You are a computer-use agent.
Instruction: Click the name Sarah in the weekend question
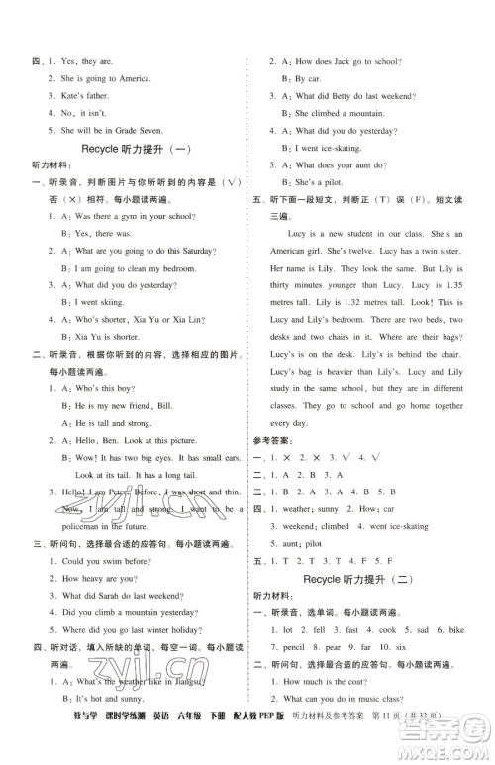click(x=100, y=596)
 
